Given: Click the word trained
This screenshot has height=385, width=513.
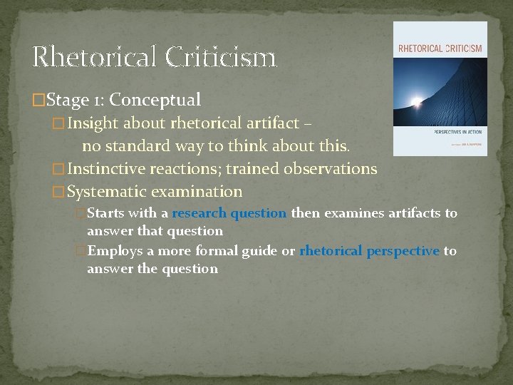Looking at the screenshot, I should (252, 169).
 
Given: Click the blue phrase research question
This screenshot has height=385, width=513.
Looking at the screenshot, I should (229, 213).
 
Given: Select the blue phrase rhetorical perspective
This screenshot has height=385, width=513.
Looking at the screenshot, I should (369, 251).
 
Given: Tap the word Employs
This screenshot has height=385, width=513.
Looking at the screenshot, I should (114, 251).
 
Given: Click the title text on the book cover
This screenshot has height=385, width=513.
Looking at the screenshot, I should (440, 49).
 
